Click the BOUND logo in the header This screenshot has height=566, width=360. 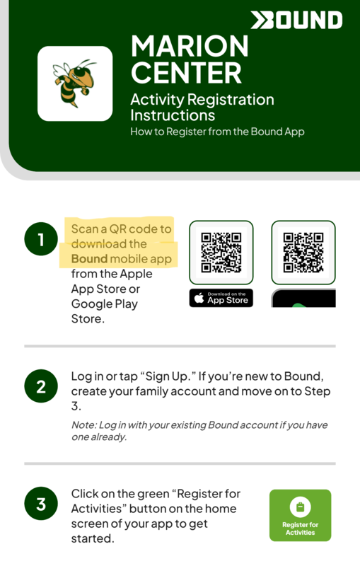point(296,20)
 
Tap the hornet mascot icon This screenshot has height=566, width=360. point(75,83)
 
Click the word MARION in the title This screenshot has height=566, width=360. point(190,46)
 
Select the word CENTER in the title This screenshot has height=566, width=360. point(186,73)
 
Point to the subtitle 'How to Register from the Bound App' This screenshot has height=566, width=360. point(217,132)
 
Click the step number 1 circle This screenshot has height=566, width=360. point(41,239)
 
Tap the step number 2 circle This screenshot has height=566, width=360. point(41,386)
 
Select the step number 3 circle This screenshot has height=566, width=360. point(41,504)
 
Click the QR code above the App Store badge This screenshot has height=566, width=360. point(221,253)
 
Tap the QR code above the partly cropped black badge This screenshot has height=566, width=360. point(303,253)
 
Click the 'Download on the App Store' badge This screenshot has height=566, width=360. point(221,298)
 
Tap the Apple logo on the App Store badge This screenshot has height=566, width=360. point(199,298)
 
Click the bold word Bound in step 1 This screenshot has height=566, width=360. point(89,259)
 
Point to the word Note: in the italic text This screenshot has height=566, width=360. point(83,425)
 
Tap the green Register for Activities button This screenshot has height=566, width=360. point(300,515)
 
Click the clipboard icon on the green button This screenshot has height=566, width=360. point(300,507)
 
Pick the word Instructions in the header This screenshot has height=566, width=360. point(173,115)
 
